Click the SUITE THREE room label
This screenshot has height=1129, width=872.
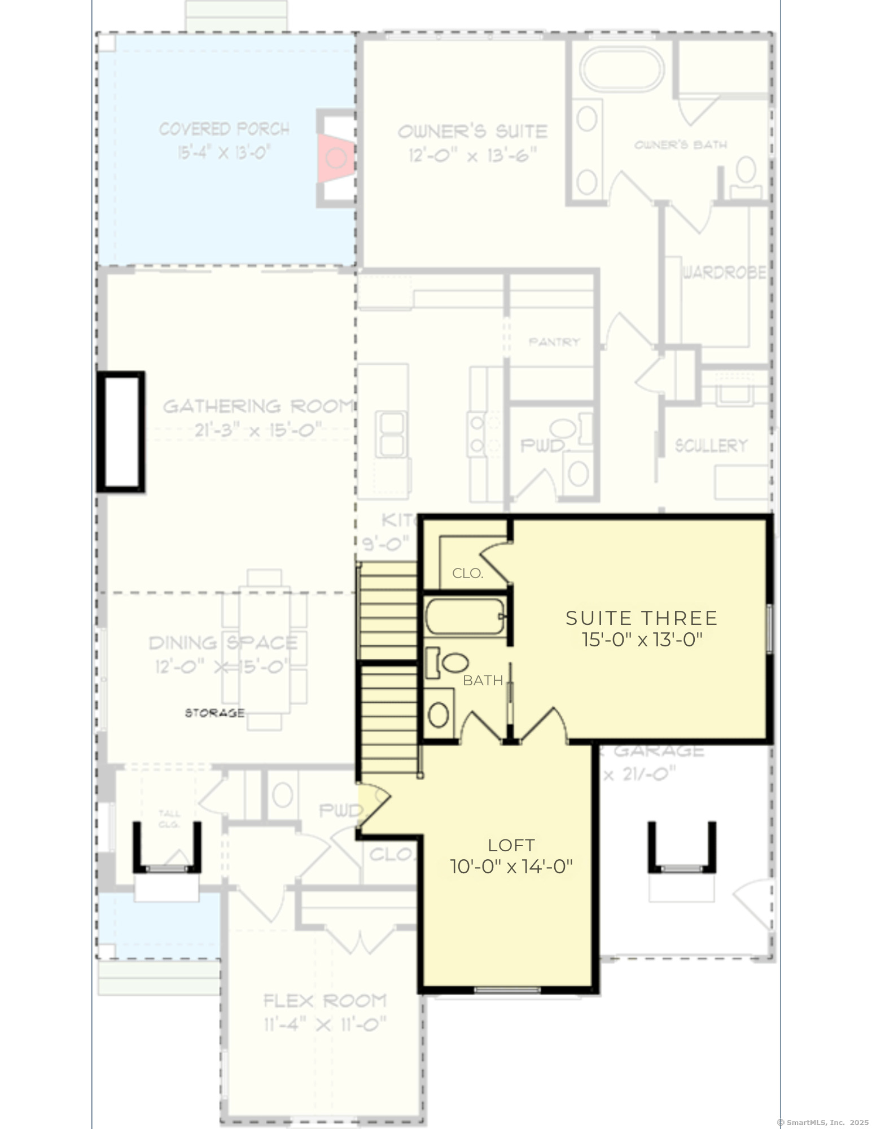tap(641, 618)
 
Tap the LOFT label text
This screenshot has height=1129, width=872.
tap(511, 845)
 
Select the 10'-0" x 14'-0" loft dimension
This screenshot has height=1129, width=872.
tap(511, 867)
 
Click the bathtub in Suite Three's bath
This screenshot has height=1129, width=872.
tap(464, 617)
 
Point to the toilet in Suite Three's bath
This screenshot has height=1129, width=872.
tap(448, 663)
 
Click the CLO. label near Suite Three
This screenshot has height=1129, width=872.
tap(467, 574)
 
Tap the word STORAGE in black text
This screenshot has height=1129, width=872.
tap(214, 713)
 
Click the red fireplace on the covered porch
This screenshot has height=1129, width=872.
tap(335, 158)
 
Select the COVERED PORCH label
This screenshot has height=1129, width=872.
tap(224, 129)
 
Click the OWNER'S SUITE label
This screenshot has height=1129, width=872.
tap(472, 132)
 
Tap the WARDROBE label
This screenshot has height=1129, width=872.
tap(724, 273)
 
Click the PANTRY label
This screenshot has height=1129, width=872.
tap(554, 342)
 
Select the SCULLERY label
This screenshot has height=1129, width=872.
tap(711, 446)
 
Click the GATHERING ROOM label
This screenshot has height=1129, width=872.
tap(258, 406)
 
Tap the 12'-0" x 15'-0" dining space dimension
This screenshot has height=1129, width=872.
tap(222, 667)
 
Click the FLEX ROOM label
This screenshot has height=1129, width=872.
tap(325, 1001)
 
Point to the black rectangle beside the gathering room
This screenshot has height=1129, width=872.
tap(121, 432)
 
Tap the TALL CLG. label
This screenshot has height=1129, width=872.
tap(169, 819)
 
